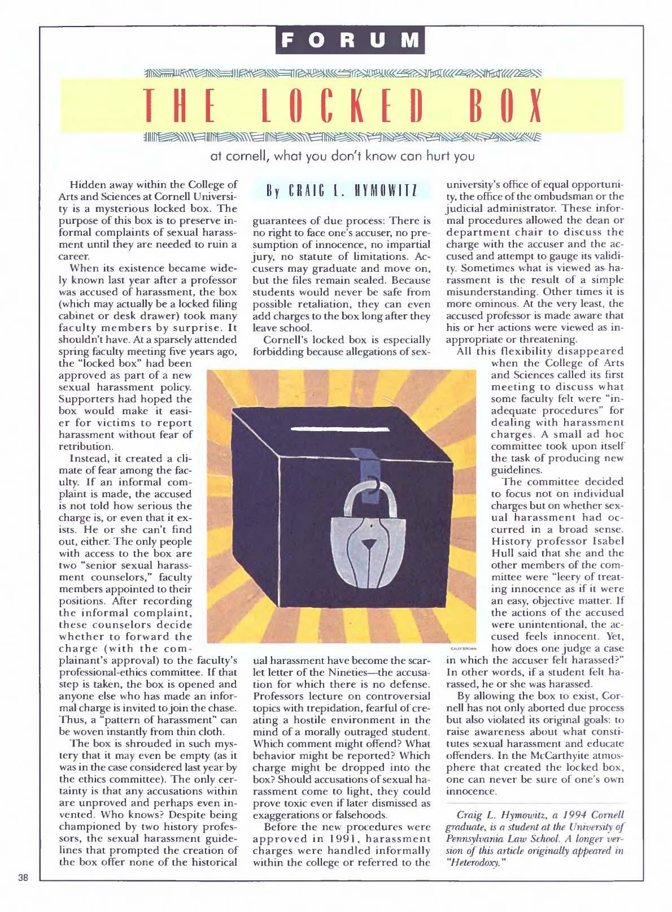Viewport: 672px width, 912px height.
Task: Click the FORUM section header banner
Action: pyautogui.click(x=350, y=40)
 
